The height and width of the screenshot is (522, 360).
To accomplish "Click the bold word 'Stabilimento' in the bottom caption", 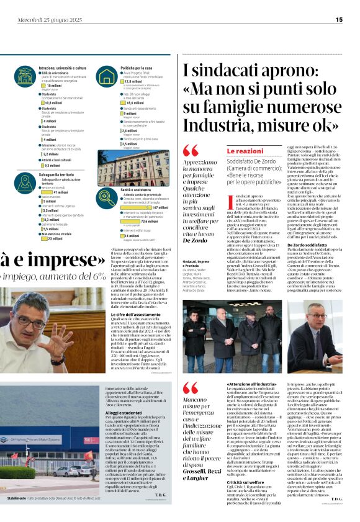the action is [x=17, y=515].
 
